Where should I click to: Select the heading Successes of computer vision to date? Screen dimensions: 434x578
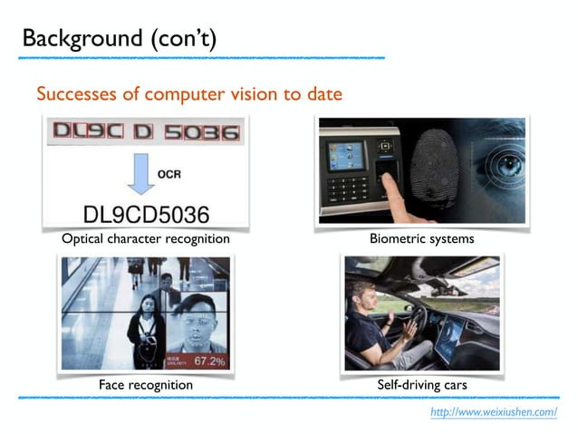[188, 93]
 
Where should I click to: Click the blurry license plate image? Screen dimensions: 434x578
[146, 133]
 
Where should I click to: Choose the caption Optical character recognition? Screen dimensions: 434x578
[145, 239]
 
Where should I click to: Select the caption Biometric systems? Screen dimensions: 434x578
[421, 239]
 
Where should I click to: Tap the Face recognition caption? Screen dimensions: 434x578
[146, 385]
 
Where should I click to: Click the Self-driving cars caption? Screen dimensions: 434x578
[421, 385]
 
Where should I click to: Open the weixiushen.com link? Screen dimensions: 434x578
[493, 412]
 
